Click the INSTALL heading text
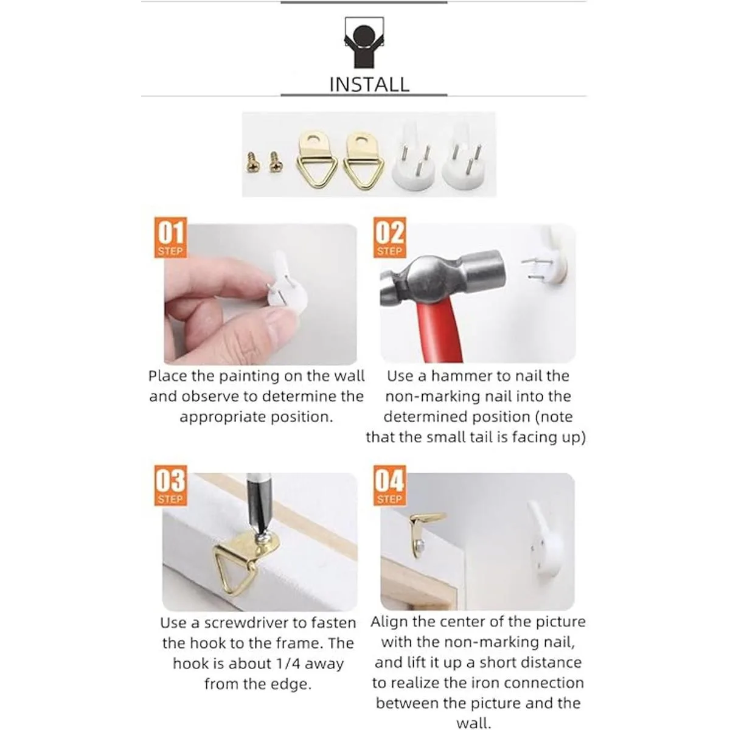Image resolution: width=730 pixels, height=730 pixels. [369, 84]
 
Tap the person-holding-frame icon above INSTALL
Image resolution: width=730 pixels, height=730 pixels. [364, 43]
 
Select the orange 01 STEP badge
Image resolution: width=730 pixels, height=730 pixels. [170, 237]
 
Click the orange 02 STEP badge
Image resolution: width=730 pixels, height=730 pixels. [389, 237]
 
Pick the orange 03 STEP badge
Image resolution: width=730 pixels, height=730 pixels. [170, 485]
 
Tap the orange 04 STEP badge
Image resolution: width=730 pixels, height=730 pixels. [389, 485]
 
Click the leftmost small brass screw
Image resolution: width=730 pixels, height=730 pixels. [251, 162]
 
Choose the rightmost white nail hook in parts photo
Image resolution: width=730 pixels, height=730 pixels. [463, 157]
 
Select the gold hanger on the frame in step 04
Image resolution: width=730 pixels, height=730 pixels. [425, 531]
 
